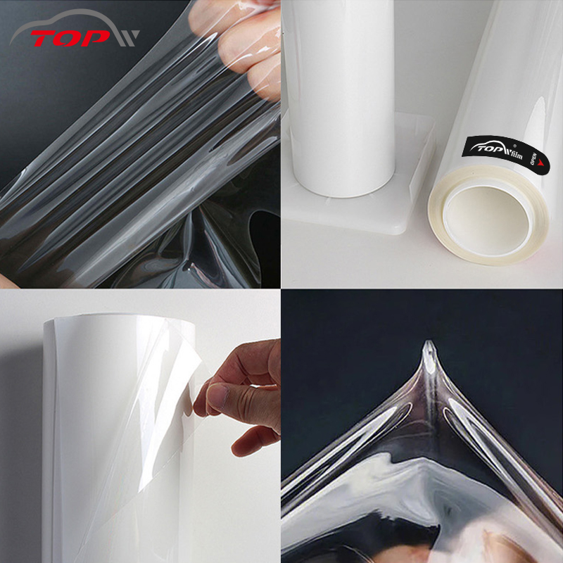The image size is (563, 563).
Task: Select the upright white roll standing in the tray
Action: click(x=341, y=99)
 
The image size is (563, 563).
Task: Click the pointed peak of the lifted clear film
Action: click(x=428, y=347)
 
